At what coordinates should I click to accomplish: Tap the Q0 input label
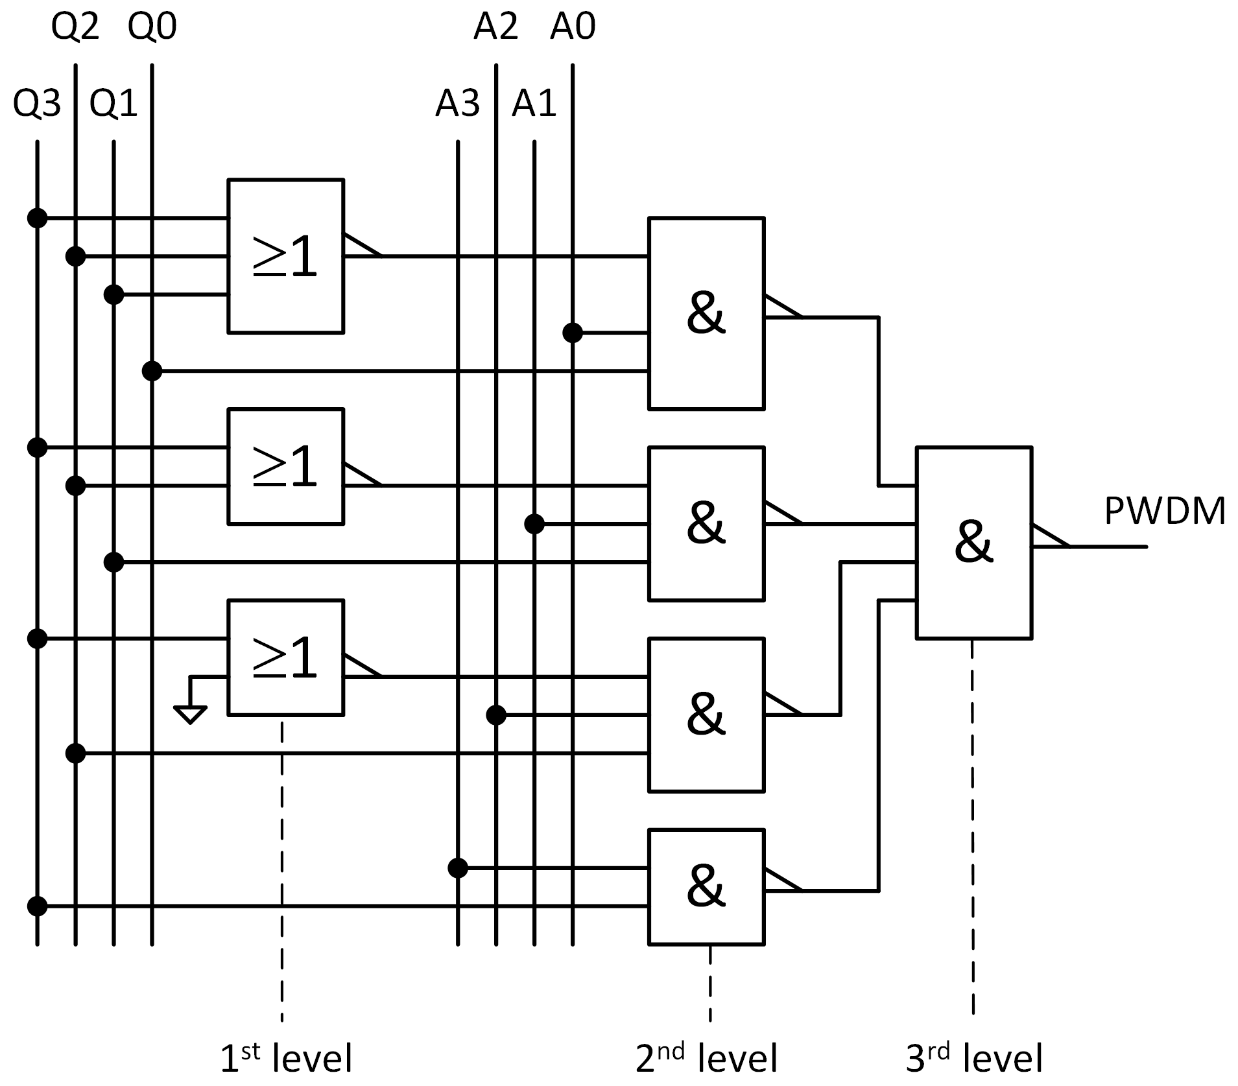[152, 27]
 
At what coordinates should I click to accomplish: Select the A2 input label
[495, 27]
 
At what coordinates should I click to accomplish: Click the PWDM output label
[1164, 511]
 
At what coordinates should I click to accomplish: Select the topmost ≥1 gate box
[285, 256]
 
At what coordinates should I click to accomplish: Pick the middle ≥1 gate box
[285, 466]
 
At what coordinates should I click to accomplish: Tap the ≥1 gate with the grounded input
[285, 657]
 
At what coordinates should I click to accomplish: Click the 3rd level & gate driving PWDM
[973, 543]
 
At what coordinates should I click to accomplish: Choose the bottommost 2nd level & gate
[706, 886]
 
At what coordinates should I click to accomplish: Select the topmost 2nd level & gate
[706, 313]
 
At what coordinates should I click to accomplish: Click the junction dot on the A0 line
[572, 333]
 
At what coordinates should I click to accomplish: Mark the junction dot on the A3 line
[458, 868]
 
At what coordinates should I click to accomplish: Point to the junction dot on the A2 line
[496, 715]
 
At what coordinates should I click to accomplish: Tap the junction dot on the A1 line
[534, 524]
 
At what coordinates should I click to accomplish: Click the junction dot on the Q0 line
[152, 372]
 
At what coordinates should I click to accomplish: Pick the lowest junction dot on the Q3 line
[38, 906]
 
